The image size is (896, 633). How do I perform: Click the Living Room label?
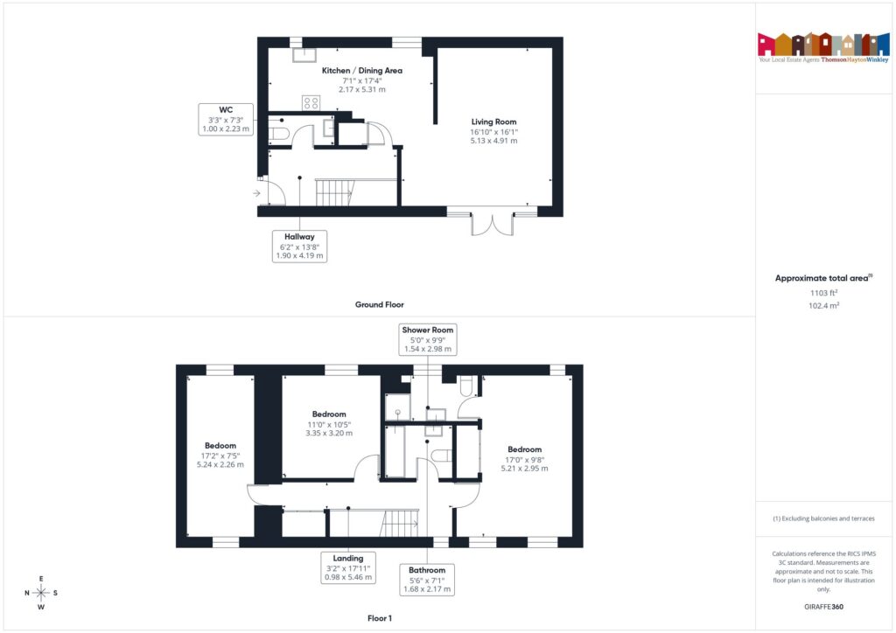pos(493,122)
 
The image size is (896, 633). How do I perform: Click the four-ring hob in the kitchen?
pos(311,102)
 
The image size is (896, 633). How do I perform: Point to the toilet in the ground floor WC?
pos(278,133)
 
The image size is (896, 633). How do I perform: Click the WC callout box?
pos(226,119)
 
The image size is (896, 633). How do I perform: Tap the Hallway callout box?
pos(298,246)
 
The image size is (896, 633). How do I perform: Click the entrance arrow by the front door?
pos(256,193)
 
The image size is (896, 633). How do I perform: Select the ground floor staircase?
pos(334,192)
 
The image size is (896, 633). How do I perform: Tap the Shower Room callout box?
pos(428,339)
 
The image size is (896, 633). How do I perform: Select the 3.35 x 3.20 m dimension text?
pos(329,433)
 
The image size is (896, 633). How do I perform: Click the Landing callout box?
pos(348,567)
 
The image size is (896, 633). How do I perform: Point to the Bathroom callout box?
pos(427,579)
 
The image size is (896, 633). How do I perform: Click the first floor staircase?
pos(402,524)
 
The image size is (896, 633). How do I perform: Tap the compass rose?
pos(41,593)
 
